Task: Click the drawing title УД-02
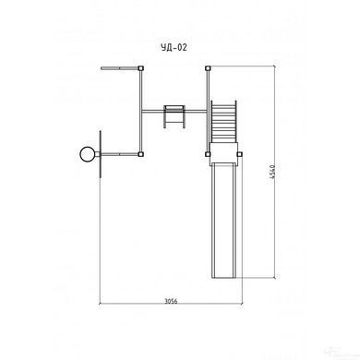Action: click(174, 47)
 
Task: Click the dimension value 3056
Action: click(171, 301)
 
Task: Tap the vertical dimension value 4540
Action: click(272, 174)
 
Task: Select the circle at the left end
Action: click(87, 154)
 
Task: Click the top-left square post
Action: click(140, 68)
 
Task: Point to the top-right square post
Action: click(208, 68)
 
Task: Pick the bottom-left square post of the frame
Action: click(140, 154)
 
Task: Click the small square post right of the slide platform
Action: click(239, 154)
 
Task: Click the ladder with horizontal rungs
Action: click(223, 122)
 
